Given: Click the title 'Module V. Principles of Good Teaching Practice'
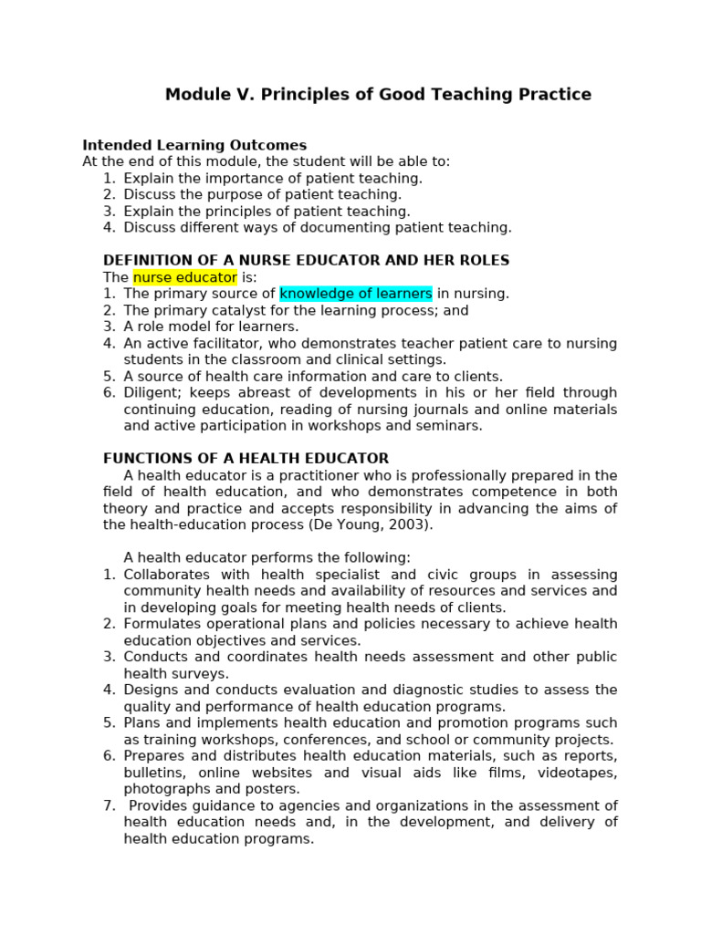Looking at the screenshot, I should pos(378,95).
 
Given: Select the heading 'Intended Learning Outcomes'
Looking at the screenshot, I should pos(194,145).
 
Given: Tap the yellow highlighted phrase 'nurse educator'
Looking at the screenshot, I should pos(184,277).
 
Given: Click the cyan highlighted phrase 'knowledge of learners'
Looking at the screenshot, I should pos(356,294).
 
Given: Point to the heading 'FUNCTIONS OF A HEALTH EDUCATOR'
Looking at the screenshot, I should pos(246,459).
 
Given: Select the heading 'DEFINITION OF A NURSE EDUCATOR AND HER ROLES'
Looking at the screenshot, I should pos(306,261).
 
